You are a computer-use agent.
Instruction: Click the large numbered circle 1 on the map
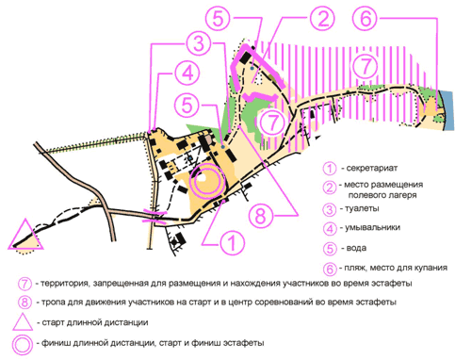232,243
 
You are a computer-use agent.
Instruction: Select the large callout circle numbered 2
323,19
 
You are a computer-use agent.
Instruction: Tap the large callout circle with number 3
199,43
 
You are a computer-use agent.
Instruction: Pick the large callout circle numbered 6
366,18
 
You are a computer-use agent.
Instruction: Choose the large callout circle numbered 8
261,216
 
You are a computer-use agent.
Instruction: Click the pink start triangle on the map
25,235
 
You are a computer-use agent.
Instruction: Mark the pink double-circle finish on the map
207,181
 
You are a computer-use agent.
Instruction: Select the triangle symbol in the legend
23,321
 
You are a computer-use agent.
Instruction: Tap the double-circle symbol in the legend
23,345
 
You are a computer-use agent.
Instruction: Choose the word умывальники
372,227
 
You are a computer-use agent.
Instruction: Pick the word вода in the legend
356,248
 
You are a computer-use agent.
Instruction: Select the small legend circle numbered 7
24,284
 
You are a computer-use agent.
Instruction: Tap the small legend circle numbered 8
24,303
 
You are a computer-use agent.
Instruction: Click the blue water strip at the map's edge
448,110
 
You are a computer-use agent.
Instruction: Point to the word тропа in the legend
52,303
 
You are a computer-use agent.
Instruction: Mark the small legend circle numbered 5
330,249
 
